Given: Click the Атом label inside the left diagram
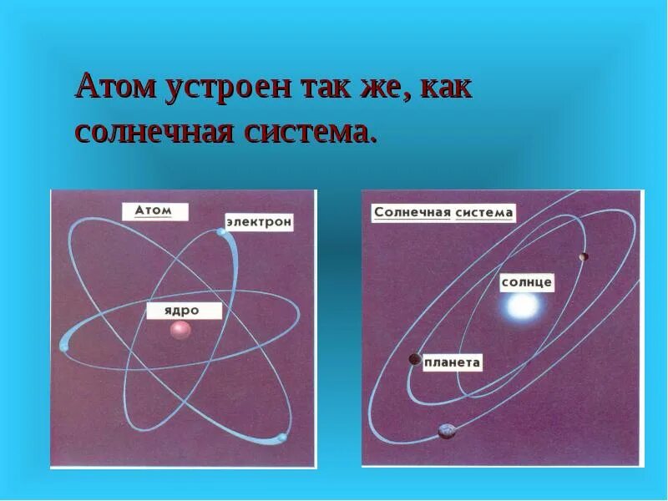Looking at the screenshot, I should [x=154, y=211].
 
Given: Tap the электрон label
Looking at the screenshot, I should [x=258, y=223].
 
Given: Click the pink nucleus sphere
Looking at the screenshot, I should [x=180, y=330].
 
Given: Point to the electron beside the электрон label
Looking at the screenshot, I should [x=222, y=232].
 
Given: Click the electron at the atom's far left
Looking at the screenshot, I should [x=64, y=342].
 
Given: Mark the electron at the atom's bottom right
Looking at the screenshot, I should [x=282, y=438].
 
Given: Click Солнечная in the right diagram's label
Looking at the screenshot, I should [x=412, y=213].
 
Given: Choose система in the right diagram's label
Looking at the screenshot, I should [x=484, y=213].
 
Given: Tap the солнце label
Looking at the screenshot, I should [x=526, y=282].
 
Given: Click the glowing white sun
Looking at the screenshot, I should [x=519, y=309].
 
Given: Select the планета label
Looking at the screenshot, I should [x=452, y=362].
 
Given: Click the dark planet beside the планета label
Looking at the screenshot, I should [x=414, y=359].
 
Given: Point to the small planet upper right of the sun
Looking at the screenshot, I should [x=584, y=256].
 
